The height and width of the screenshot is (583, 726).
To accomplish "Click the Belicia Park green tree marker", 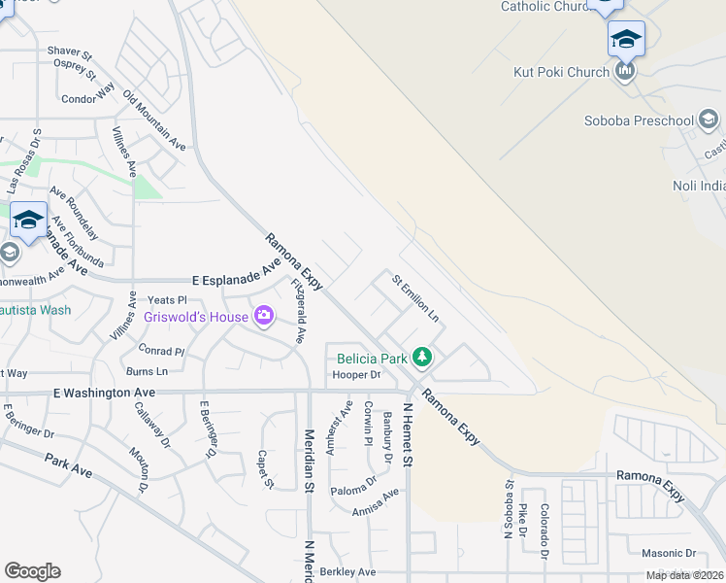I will tap(421, 359).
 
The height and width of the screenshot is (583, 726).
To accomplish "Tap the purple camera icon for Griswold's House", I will tap(263, 316).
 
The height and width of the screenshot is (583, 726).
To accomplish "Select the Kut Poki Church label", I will tap(561, 72).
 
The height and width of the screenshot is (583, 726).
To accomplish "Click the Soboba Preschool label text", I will tap(639, 121).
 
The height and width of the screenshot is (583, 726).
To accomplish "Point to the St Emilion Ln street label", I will tap(415, 298).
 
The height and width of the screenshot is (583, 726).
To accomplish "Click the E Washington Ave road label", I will tap(104, 393).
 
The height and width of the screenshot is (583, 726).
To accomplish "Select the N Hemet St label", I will tap(409, 437).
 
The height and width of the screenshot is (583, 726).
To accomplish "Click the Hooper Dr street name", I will tap(356, 374).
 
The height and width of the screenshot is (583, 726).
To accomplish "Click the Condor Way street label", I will tap(88, 99).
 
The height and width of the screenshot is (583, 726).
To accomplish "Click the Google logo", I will tap(32, 571).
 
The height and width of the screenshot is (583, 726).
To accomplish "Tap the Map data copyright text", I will tap(684, 575).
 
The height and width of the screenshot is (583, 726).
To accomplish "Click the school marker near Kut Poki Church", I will tap(626, 40).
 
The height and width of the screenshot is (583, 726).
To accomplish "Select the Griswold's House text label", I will tap(195, 317).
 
